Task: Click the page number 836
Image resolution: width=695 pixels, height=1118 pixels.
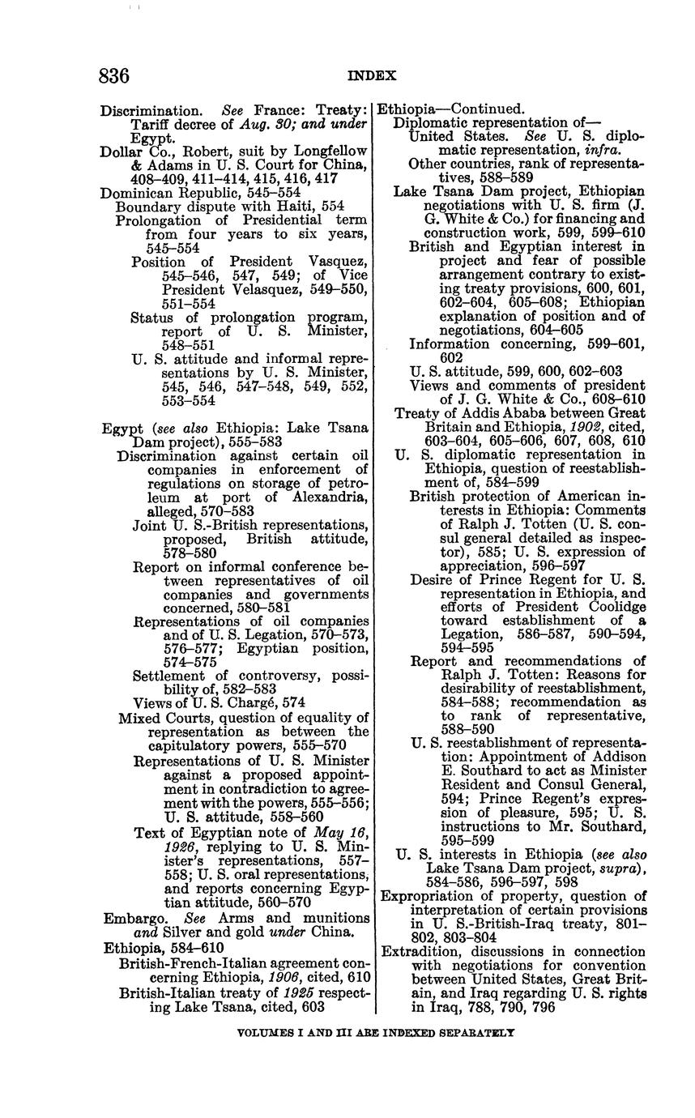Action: point(113,76)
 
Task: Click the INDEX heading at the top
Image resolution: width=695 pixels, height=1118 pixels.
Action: point(372,76)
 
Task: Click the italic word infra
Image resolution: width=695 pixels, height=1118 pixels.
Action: point(599,151)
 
